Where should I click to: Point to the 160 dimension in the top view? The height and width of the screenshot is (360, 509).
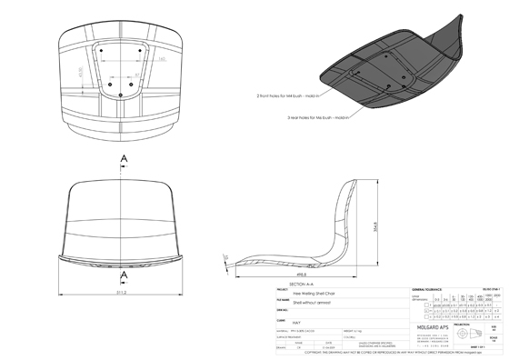(135, 58)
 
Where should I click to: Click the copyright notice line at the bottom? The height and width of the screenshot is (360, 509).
(364, 352)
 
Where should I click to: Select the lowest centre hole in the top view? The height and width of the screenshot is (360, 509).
(123, 90)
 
